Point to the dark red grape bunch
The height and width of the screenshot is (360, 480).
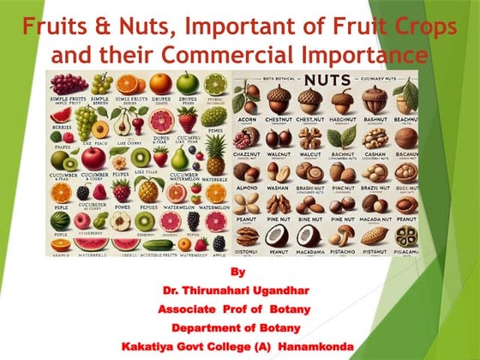[63, 84]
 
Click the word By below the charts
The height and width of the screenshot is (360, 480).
[238, 272]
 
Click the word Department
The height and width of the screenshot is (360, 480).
[207, 328]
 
